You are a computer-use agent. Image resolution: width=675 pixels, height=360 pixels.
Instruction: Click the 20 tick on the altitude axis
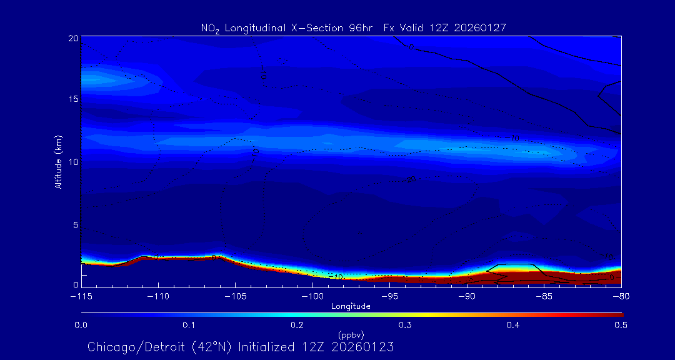pyautogui.click(x=72, y=38)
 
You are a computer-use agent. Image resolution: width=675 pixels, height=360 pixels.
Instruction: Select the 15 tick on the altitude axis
pyautogui.click(x=72, y=100)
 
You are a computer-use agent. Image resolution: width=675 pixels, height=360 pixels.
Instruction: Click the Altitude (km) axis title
pyautogui.click(x=58, y=162)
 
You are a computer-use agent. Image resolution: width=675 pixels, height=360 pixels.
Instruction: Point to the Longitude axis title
pyautogui.click(x=351, y=306)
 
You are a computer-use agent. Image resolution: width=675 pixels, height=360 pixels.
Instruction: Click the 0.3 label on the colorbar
pyautogui.click(x=405, y=325)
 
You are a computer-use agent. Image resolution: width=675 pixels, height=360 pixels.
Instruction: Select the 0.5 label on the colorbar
pyautogui.click(x=621, y=325)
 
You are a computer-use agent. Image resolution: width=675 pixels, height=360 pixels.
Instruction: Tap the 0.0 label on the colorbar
pyautogui.click(x=81, y=325)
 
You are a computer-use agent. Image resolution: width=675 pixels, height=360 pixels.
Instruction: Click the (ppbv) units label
pyautogui.click(x=351, y=335)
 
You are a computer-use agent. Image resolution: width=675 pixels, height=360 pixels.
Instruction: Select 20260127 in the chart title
pyautogui.click(x=481, y=27)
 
